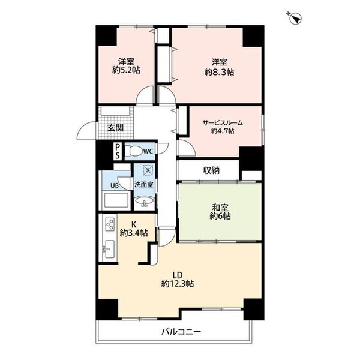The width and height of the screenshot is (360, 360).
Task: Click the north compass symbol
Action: point(295,19)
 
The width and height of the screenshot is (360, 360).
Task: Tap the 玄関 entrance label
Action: point(116,128)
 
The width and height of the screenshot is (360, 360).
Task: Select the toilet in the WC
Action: point(134,151)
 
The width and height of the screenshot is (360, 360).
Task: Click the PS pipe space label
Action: point(118,151)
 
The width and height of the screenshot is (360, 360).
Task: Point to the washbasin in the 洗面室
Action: point(144,202)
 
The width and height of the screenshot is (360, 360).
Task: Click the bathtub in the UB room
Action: point(116,200)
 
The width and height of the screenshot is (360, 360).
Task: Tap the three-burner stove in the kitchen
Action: point(110,224)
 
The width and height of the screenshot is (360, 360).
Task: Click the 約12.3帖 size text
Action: point(178,284)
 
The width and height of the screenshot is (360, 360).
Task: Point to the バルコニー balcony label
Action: point(181,332)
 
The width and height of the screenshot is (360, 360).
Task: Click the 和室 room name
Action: point(220,208)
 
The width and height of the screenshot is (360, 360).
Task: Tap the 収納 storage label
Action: point(211,170)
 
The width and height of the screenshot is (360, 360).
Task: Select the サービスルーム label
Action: point(223,123)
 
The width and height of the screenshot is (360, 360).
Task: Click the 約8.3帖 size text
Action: point(220,73)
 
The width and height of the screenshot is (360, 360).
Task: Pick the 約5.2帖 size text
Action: point(126,70)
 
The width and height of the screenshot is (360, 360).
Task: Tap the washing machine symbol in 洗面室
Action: point(148,170)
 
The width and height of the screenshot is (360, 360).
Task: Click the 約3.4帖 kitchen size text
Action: point(134,233)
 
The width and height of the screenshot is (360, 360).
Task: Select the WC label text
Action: point(148,151)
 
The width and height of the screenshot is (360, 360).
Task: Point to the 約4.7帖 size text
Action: point(223,131)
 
